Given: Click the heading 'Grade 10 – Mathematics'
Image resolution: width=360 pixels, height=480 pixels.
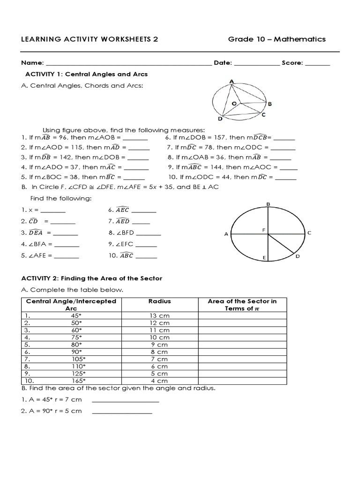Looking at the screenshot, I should coord(277,39).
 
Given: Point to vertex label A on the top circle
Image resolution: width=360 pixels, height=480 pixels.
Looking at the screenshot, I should coord(231,82).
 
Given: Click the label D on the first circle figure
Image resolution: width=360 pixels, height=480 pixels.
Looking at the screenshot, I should coord(220,119).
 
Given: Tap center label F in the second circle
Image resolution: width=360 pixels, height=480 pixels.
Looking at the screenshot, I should coord(264,230).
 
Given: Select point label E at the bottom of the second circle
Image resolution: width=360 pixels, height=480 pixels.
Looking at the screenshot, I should coord(264,258).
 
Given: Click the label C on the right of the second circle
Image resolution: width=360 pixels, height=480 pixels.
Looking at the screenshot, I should coord(309,232).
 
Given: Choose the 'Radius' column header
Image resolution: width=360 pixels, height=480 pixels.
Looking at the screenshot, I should coord(159,301).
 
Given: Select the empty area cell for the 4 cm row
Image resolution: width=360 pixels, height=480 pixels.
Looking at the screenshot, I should coord(242,381).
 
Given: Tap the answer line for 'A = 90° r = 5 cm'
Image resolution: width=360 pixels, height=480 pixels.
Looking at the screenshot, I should coord(122,412).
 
